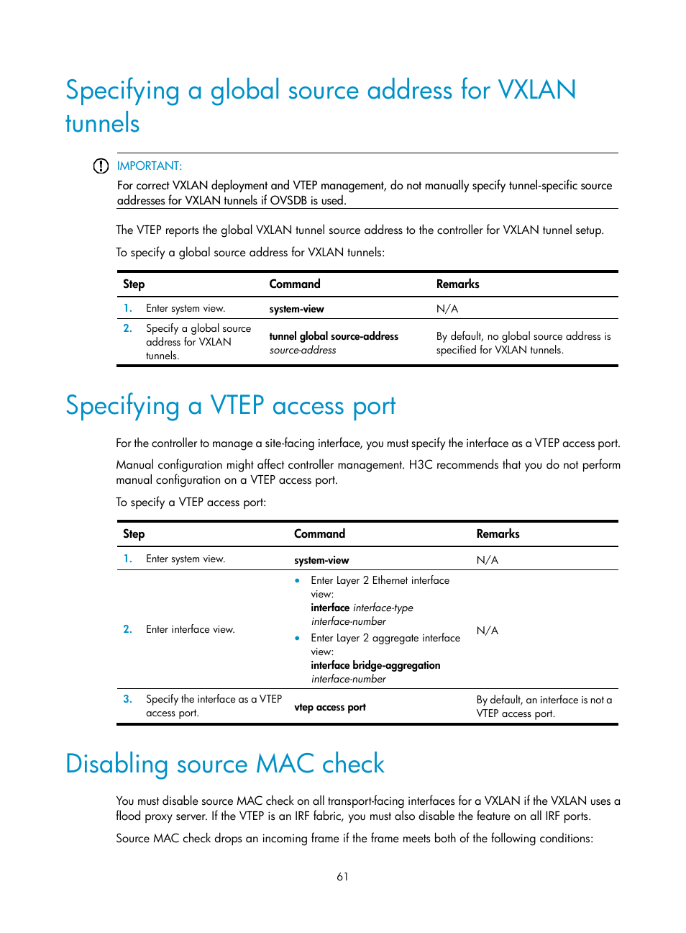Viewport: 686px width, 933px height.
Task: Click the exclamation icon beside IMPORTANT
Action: coord(101,166)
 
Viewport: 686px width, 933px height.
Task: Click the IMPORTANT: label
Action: coord(149,166)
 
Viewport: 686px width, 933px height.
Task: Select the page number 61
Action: coord(342,877)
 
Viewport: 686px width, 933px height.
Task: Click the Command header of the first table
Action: coord(294,284)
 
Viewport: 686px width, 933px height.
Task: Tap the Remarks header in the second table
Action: coord(498,534)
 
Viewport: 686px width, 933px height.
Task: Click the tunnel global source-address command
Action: coord(334,336)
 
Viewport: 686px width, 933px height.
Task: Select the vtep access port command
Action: coord(330,708)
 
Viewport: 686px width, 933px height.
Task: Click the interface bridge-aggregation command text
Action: coord(375,666)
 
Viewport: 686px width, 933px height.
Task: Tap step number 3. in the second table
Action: coord(127,699)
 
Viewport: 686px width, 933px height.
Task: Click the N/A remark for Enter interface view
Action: coord(487,631)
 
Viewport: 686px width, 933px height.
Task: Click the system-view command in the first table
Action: coord(296,310)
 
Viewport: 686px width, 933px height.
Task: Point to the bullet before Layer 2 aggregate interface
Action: coord(297,639)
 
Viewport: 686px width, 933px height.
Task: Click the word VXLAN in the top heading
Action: coord(536,91)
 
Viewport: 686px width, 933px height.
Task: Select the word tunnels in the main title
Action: coord(102,124)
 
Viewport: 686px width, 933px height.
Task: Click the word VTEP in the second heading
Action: coord(237,406)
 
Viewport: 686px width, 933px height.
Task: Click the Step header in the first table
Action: coord(134,284)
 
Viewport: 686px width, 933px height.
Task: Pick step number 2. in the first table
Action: coord(127,328)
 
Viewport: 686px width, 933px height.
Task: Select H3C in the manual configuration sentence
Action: coord(421,465)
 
